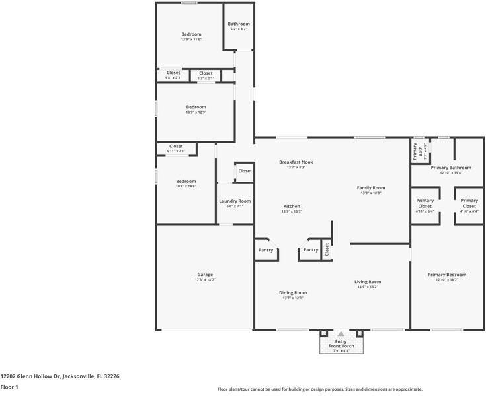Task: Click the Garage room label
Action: pyautogui.click(x=204, y=275)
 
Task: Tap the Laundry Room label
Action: pyautogui.click(x=235, y=201)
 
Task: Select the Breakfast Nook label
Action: pyautogui.click(x=296, y=162)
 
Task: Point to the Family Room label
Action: pyautogui.click(x=371, y=187)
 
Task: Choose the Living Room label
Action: pyautogui.click(x=368, y=281)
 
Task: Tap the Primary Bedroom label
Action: pyautogui.click(x=446, y=275)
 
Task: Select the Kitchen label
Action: pyautogui.click(x=292, y=206)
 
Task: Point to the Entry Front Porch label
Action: pyautogui.click(x=341, y=344)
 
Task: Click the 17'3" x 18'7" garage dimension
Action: pyautogui.click(x=204, y=280)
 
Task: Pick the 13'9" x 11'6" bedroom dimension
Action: pyautogui.click(x=191, y=40)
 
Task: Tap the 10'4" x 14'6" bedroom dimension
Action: pyautogui.click(x=186, y=186)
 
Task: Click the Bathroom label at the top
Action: pyautogui.click(x=239, y=24)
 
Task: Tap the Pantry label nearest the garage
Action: pyautogui.click(x=265, y=250)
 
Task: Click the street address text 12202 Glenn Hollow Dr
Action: pyautogui.click(x=60, y=376)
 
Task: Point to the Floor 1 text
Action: pyautogui.click(x=9, y=387)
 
